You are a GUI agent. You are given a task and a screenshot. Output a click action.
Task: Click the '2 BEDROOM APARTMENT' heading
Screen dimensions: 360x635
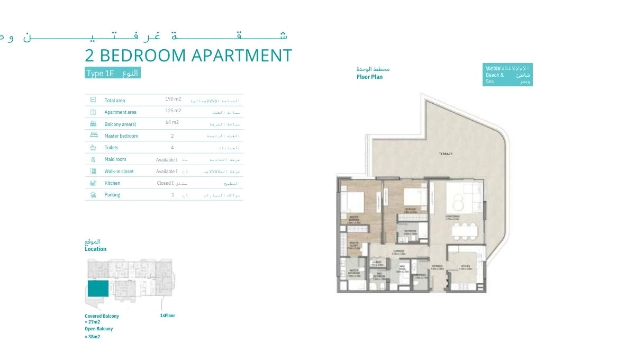pos(188,56)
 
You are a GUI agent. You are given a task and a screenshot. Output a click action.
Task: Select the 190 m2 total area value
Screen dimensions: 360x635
pos(173,99)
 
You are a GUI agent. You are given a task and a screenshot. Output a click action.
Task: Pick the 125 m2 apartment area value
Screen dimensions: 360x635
pos(173,111)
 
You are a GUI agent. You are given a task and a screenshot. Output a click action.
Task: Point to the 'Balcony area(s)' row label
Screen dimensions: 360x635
pos(120,124)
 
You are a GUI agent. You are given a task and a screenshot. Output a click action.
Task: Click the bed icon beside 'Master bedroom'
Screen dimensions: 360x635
pos(93,136)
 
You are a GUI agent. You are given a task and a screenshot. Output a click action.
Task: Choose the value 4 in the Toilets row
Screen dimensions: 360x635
pos(172,148)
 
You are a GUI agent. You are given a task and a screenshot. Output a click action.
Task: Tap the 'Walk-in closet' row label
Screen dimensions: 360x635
pos(119,172)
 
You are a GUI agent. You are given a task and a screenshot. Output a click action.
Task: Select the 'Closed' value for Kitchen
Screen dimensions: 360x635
pos(164,183)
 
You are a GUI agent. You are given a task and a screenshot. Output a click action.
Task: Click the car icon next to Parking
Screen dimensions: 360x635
pos(93,195)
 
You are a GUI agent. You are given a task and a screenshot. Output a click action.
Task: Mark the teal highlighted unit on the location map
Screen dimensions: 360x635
pos(98,289)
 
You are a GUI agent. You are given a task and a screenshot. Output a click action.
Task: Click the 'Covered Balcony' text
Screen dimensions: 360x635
pos(102,316)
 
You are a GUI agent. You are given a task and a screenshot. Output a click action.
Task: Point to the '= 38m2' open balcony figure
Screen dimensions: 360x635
pos(93,337)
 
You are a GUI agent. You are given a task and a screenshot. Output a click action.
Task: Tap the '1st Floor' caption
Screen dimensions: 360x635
pos(167,316)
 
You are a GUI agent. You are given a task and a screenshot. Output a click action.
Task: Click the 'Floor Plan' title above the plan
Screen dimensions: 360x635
pos(369,77)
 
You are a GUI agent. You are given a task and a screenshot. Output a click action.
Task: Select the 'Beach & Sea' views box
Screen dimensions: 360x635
pos(507,75)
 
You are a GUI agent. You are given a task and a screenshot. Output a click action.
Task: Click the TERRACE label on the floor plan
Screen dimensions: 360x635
pos(446,154)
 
